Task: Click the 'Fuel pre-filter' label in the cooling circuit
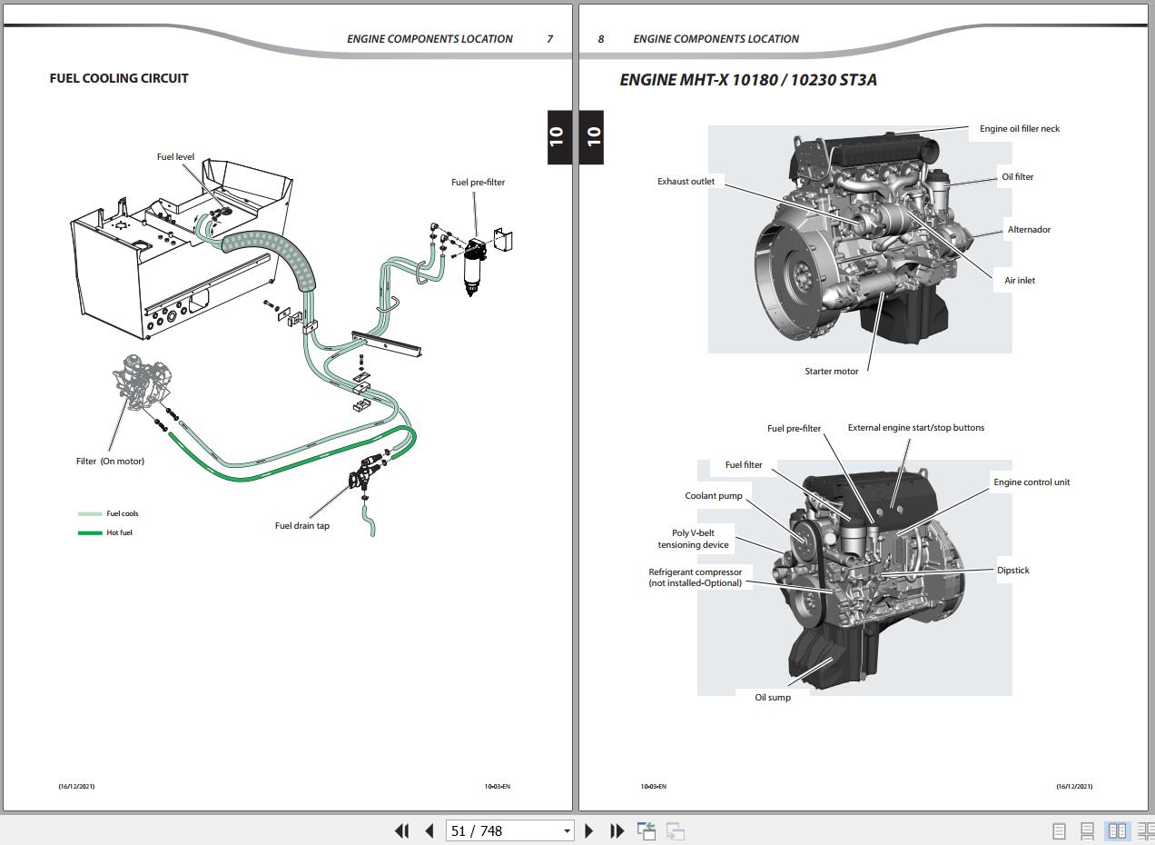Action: (478, 183)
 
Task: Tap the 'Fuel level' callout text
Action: (175, 157)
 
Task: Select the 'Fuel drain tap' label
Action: (302, 526)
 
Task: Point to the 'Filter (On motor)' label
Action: (110, 462)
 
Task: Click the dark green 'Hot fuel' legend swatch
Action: (90, 532)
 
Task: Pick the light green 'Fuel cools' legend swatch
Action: (90, 514)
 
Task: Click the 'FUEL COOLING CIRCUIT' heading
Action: (119, 78)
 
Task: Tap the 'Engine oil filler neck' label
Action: (1019, 129)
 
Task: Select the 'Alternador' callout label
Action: (1029, 230)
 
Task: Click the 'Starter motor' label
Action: (831, 372)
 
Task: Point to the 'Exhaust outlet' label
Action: (686, 182)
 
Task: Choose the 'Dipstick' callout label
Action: (1012, 571)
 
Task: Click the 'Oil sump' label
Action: (773, 698)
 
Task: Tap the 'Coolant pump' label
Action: (714, 496)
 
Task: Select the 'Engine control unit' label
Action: (1032, 482)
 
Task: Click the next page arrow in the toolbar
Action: (588, 830)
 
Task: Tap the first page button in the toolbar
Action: (401, 830)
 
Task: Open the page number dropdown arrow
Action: (567, 830)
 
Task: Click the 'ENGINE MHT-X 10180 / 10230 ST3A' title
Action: (748, 80)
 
